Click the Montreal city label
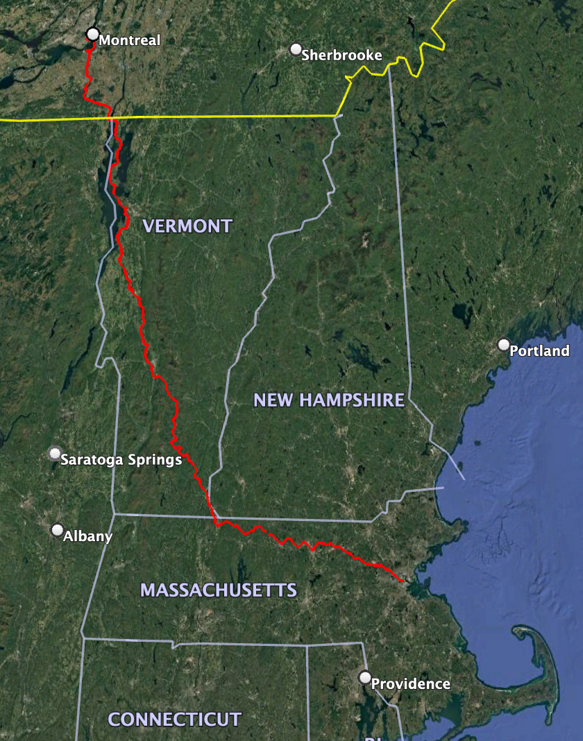click(129, 40)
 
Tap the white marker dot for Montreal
click(93, 34)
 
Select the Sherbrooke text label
click(341, 55)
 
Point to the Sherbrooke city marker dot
click(296, 49)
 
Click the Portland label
click(539, 351)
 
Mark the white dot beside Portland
click(504, 344)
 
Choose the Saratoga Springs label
click(121, 459)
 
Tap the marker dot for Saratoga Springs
click(55, 453)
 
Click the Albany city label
click(87, 536)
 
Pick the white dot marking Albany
click(58, 530)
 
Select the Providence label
click(410, 684)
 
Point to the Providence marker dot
click(365, 677)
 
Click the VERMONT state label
click(187, 226)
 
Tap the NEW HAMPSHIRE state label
click(329, 400)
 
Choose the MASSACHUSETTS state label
click(219, 590)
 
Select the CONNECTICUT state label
click(175, 719)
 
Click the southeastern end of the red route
click(403, 580)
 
